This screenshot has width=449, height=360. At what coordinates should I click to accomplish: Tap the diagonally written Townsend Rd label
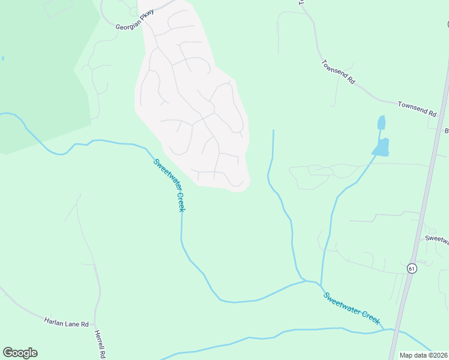point(339,72)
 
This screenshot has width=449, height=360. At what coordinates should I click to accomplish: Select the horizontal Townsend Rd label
point(417,108)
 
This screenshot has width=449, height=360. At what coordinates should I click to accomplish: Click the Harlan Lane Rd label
point(66,322)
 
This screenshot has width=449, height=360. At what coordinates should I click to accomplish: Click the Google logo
point(20,353)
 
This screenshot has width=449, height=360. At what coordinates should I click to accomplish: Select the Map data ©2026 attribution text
point(423,355)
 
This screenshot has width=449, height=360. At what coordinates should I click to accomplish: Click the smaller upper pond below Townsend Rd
point(381,122)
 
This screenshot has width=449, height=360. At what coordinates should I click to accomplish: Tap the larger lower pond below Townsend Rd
point(381,147)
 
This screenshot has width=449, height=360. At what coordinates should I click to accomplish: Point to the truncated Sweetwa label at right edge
point(437,239)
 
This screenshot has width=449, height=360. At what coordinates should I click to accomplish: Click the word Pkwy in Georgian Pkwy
point(146,15)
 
